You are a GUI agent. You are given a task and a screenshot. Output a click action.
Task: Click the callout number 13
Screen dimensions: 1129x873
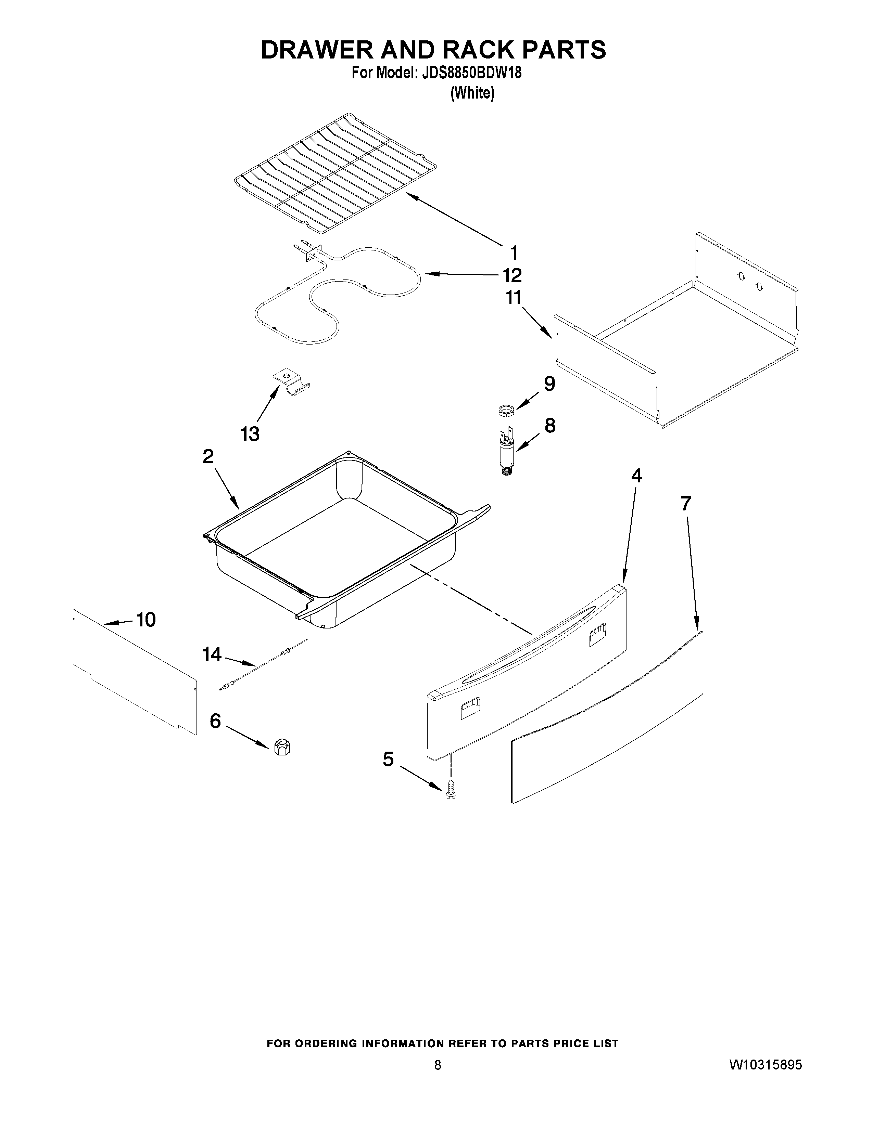[x=250, y=434]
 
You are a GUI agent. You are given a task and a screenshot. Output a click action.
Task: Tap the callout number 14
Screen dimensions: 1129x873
[x=212, y=655]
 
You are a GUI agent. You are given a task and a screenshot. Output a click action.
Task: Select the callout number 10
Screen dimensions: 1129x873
[x=146, y=619]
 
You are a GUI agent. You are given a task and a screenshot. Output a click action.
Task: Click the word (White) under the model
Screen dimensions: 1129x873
[x=472, y=93]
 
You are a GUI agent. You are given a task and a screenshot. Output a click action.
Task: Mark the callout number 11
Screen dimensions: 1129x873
[x=513, y=298]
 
